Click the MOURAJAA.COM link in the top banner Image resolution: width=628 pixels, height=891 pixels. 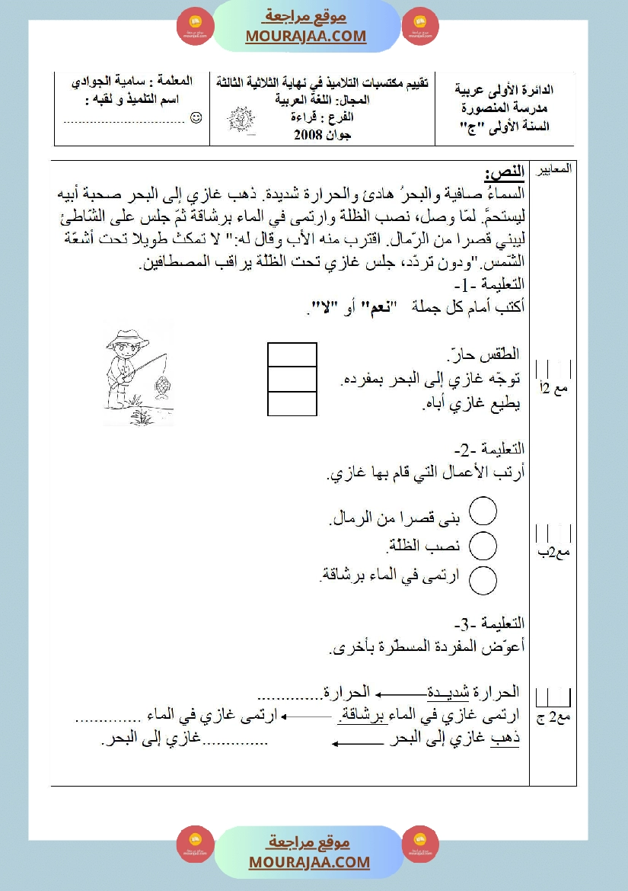pos(306,36)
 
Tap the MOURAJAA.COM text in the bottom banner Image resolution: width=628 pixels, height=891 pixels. pos(309,862)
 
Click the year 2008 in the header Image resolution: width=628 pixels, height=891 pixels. pos(309,136)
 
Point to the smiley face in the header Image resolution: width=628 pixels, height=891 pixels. pos(196,117)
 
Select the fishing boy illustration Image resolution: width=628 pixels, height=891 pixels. pos(136,370)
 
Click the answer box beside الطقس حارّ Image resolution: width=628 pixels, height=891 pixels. pos(292,355)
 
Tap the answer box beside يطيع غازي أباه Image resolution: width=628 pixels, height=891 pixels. pos(292,404)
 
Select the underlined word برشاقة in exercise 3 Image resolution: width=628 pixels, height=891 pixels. pos(360,715)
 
